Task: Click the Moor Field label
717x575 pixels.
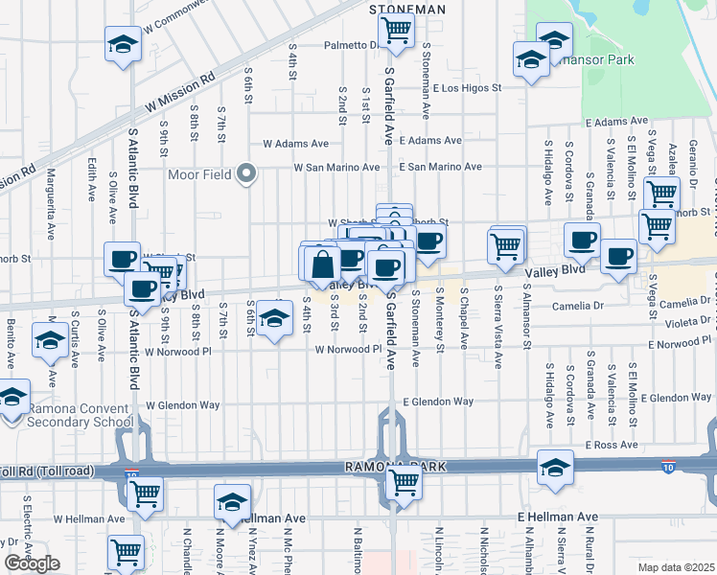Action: (x=199, y=174)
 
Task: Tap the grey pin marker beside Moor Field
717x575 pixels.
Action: (x=247, y=173)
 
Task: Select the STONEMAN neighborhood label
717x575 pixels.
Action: (x=406, y=9)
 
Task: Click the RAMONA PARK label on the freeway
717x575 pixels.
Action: (x=384, y=467)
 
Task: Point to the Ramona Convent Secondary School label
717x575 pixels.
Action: (x=81, y=415)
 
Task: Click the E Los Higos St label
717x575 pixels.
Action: (x=467, y=88)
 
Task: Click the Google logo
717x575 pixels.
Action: (x=32, y=563)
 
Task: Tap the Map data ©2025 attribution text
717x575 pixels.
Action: (x=675, y=567)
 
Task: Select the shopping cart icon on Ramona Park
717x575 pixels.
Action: (x=403, y=482)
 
